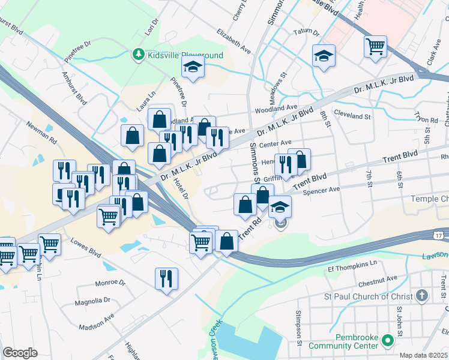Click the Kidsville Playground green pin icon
pos(139,55)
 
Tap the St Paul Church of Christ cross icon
pos(422,296)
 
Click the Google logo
pos(20,353)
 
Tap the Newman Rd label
pos(41,133)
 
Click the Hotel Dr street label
pos(181,188)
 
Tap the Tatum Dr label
pos(305,31)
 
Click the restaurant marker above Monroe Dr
pos(166,278)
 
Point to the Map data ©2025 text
pos(423,355)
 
